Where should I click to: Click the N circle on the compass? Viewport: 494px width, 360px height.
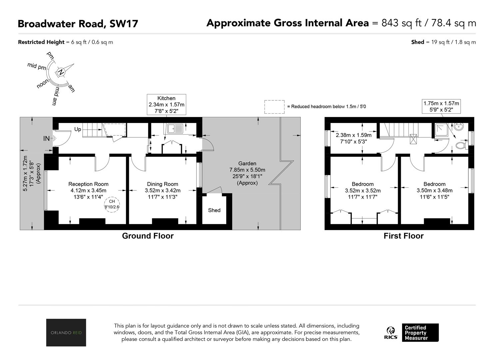coord(61,72)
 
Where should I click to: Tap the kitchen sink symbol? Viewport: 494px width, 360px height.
coord(175,129)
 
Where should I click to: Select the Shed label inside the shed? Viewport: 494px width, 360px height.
coord(214,210)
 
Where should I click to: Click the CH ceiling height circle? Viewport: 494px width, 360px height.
coord(112,204)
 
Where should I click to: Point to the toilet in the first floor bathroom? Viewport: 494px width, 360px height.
coord(461,145)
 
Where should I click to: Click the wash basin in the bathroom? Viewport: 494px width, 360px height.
coord(459,127)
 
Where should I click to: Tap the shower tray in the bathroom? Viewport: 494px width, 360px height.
coord(442,130)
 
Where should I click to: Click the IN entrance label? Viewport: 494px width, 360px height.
coord(46,138)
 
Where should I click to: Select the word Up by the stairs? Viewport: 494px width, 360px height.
coord(78,129)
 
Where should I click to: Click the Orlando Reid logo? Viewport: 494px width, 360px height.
coord(66,332)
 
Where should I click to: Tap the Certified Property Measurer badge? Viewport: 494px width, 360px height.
coord(420,333)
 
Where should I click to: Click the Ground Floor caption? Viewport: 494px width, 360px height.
coord(148,236)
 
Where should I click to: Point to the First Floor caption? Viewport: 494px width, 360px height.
coord(404,236)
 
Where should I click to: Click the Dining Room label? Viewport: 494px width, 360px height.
coord(163,184)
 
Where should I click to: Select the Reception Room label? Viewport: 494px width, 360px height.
coord(88,184)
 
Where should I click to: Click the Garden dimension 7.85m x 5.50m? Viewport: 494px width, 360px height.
coord(247,170)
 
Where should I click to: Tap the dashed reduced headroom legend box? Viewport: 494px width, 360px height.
coord(274,107)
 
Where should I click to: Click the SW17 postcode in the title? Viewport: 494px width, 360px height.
coord(124,24)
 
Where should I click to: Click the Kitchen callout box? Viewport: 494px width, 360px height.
coord(167,105)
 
